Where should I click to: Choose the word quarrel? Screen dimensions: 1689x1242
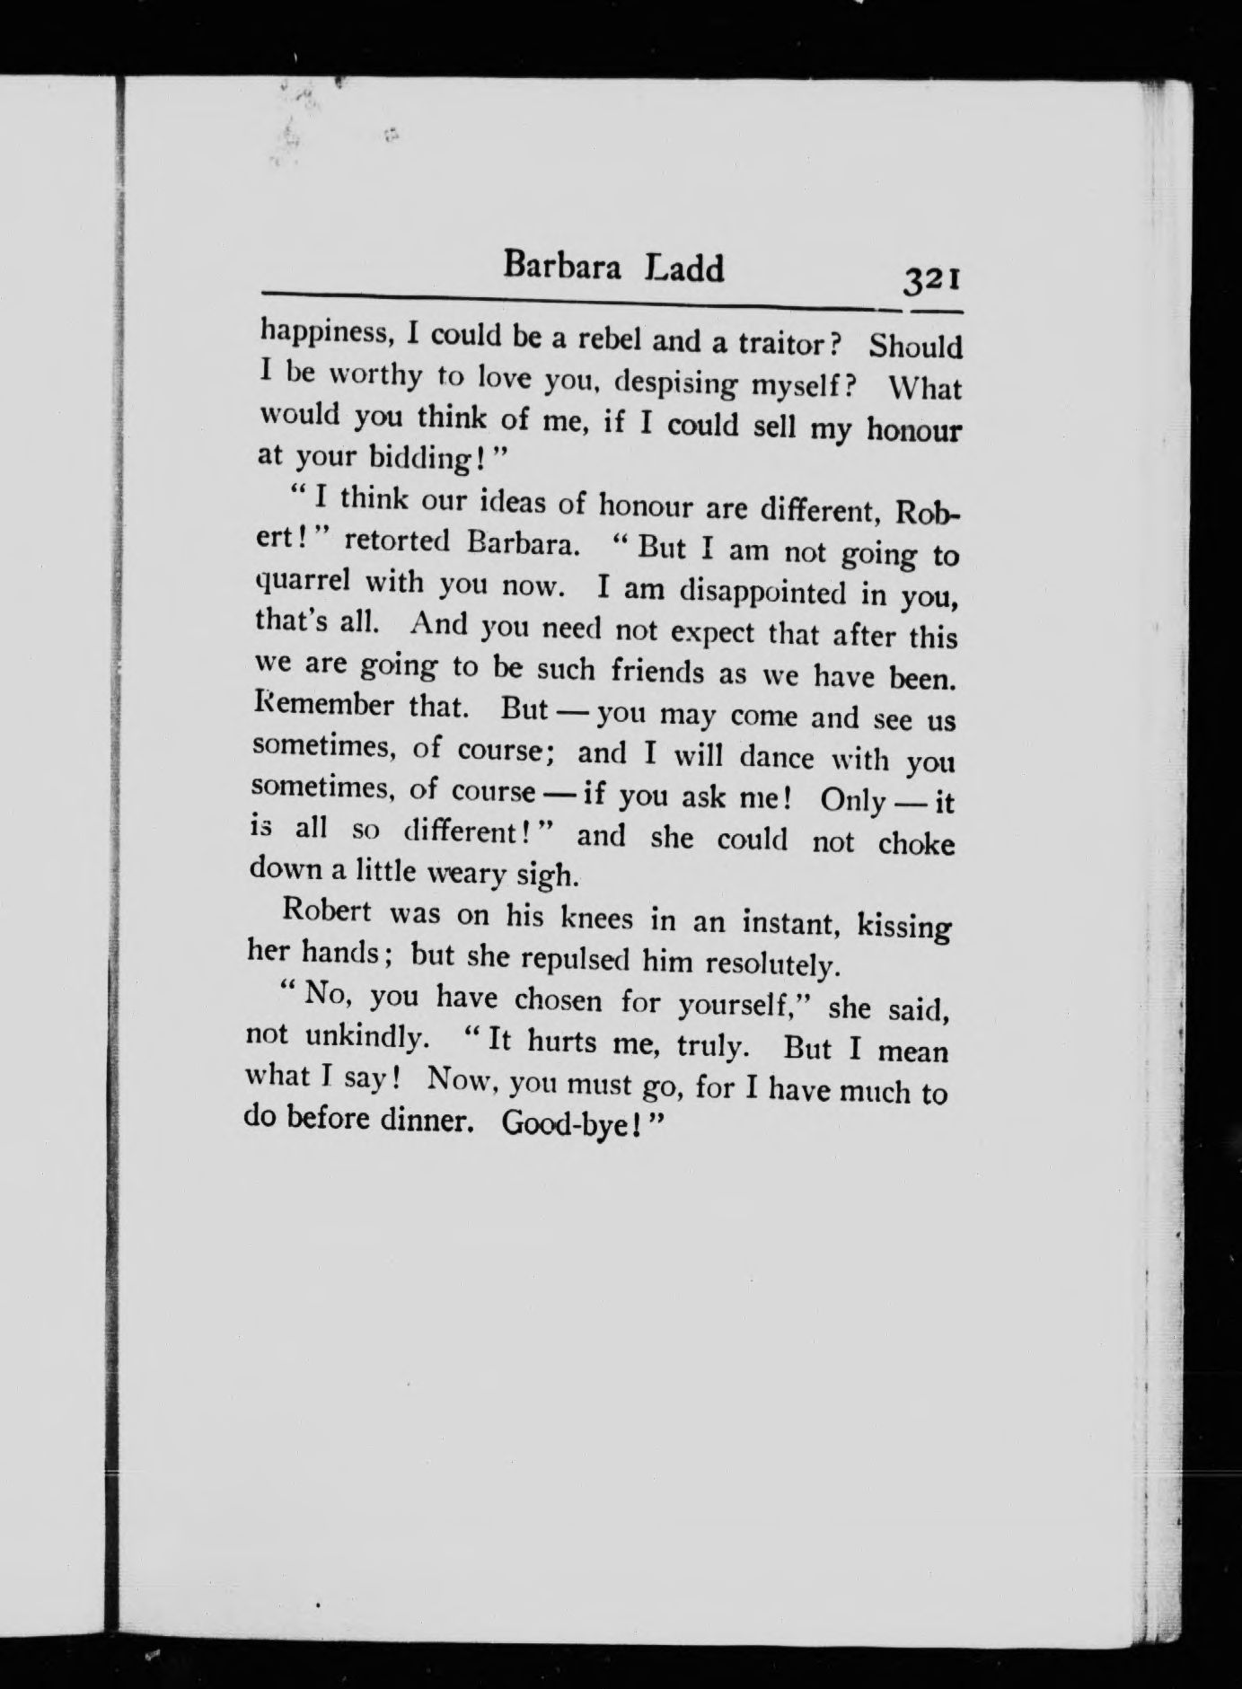tap(300, 584)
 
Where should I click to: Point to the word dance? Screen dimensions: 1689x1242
tap(777, 757)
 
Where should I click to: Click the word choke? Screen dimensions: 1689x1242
tap(916, 844)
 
